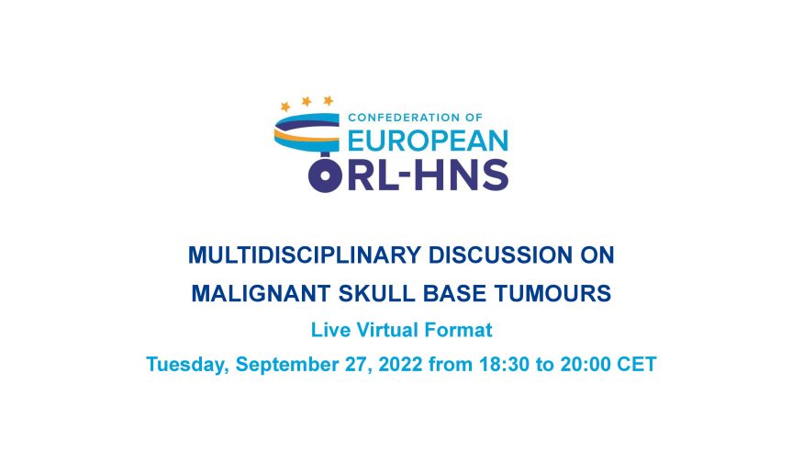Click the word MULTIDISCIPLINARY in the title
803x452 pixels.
pos(304,255)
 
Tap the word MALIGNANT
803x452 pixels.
pos(261,294)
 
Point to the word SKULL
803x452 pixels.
pos(376,294)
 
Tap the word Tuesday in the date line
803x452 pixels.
pos(187,365)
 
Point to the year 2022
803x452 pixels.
pos(400,365)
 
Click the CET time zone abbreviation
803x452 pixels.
pos(637,365)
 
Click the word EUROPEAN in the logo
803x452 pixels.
pos(429,141)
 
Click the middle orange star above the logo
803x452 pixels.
pos(307,101)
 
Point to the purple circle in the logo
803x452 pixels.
pos(325,175)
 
